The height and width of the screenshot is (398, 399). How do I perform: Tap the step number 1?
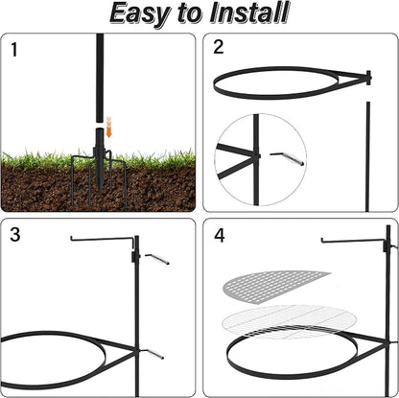(x=13, y=50)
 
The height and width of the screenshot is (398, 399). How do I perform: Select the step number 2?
(x=219, y=47)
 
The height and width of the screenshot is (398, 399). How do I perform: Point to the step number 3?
(x=15, y=234)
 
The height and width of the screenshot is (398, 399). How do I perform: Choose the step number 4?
(x=220, y=236)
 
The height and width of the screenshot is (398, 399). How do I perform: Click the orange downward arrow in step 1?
(x=109, y=128)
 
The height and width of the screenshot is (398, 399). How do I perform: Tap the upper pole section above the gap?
(x=100, y=78)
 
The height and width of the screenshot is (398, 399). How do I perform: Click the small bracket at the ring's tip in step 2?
(x=368, y=78)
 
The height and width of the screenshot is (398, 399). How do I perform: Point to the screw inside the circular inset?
(x=287, y=158)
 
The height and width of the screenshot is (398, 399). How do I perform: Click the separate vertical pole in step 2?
(x=368, y=156)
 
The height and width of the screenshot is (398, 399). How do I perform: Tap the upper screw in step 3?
(x=156, y=259)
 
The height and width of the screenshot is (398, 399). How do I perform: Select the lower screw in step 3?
(x=153, y=354)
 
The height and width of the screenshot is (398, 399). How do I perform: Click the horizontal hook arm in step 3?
(x=103, y=238)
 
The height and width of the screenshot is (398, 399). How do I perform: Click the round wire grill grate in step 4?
(x=290, y=320)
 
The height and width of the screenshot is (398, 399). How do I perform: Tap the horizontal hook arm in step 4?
(x=354, y=241)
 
